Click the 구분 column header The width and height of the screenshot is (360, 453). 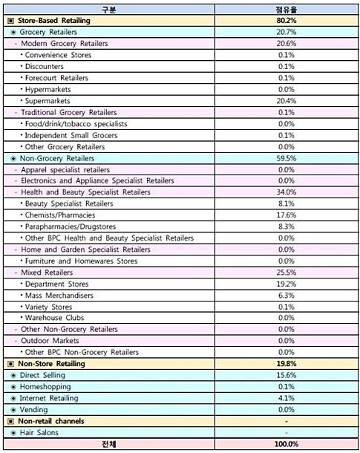109,10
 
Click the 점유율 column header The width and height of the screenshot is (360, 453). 286,10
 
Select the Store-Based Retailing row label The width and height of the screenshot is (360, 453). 54,21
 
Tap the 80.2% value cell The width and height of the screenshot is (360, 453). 287,21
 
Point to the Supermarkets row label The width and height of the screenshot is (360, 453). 48,101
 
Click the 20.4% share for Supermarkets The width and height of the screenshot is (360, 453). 287,101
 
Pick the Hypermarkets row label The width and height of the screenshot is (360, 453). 48,90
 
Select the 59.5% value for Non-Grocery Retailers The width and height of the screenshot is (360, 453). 287,158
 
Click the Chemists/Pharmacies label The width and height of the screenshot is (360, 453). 60,215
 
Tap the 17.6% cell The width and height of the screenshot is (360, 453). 287,215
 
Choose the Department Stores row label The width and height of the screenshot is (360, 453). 56,284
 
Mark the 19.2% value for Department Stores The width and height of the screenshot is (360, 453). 287,284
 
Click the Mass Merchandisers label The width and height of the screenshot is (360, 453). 59,296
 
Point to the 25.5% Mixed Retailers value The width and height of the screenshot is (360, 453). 287,273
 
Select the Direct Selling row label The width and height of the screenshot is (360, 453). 42,375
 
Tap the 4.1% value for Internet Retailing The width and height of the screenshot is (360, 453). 287,398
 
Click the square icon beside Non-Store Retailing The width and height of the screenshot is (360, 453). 10,364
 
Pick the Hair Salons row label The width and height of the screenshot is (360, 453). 39,432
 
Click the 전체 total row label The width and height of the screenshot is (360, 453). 109,444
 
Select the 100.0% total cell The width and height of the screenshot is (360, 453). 287,444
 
